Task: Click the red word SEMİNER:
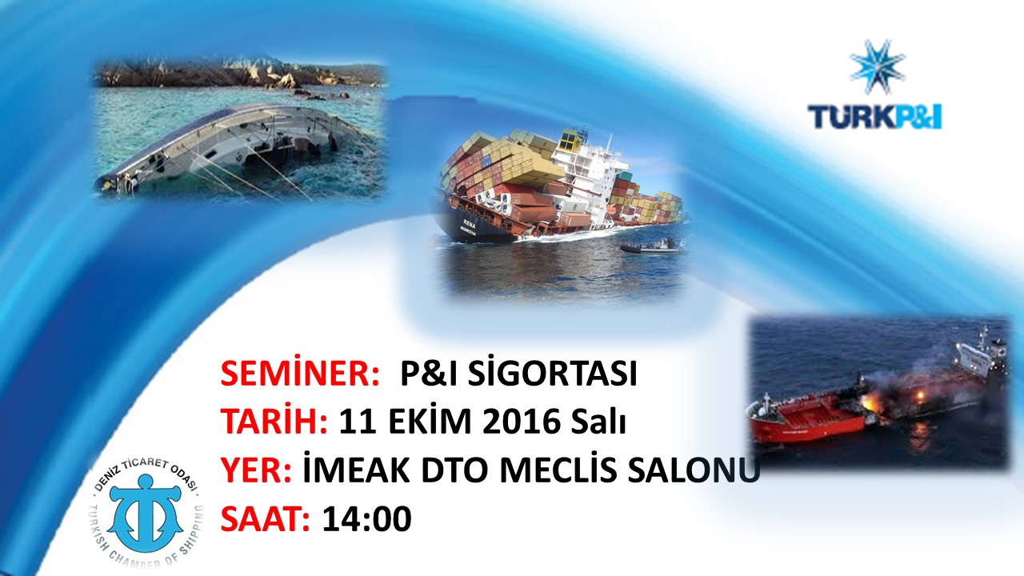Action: pos(300,374)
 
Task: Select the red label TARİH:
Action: pos(274,422)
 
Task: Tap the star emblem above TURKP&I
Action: pos(877,67)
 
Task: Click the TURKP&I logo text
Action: pos(874,117)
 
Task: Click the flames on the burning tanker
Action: pos(871,402)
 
